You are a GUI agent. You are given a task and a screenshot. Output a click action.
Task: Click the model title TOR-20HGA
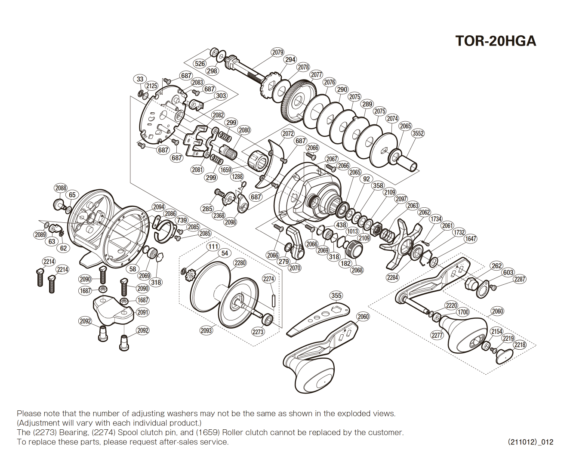pos(496,41)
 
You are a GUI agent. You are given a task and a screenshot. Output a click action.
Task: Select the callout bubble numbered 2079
pos(277,52)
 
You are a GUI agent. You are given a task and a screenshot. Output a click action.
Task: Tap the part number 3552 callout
pos(418,133)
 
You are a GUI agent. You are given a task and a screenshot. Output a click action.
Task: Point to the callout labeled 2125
pos(151,86)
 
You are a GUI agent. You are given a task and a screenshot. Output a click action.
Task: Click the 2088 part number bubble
pos(61,188)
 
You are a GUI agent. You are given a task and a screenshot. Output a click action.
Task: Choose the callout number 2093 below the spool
pos(206,330)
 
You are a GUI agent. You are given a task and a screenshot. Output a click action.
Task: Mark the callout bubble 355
pos(336,296)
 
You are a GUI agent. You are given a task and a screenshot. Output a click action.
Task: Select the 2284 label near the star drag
pos(392,277)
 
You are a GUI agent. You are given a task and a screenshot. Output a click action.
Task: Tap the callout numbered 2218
pos(520,345)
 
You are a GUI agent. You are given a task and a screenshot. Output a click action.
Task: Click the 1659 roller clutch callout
pos(226,170)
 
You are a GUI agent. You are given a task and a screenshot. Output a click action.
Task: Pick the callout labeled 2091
pos(143,312)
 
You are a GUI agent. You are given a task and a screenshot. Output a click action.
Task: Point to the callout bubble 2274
pos(268,279)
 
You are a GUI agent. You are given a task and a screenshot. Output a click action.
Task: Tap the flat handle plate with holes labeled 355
pos(318,319)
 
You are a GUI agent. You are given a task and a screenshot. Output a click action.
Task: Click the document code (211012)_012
pos(530,442)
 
